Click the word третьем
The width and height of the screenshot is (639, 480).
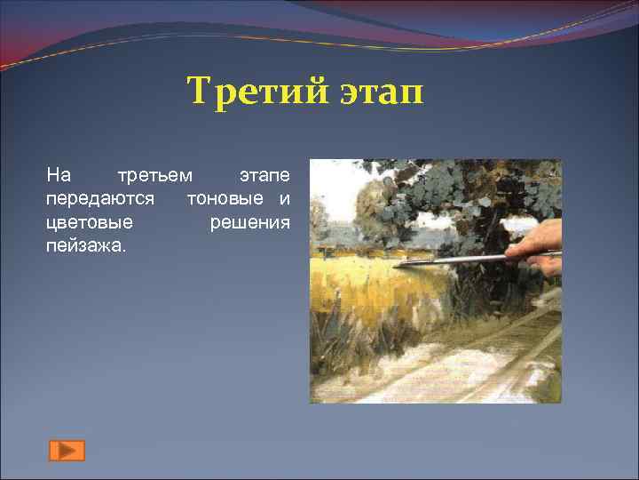pos(154,175)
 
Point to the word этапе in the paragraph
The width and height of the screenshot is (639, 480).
pos(264,175)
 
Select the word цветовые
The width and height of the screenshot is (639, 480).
pos(89,221)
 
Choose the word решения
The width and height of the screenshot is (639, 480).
pos(249,221)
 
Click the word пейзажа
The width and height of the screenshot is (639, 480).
pos(86,244)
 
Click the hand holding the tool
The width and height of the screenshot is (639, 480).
pos(539,244)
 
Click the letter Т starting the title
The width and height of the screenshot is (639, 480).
pos(198,91)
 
